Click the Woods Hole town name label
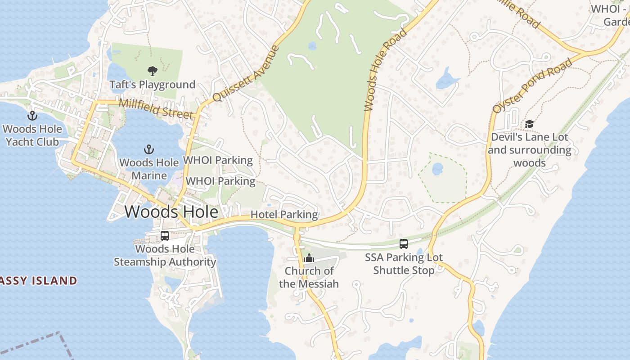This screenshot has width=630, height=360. (171, 211)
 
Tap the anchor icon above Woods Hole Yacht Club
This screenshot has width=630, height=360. (32, 116)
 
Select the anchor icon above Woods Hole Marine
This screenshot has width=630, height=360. (149, 149)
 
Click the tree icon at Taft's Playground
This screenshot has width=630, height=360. (153, 71)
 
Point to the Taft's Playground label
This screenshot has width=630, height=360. (153, 85)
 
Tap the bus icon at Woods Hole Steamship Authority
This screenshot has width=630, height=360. (165, 235)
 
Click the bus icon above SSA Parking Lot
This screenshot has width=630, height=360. (404, 244)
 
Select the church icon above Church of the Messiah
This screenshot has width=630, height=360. (309, 258)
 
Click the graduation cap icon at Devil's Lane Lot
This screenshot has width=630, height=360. (530, 124)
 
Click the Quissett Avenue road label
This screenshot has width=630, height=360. (246, 74)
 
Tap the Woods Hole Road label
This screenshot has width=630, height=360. (386, 70)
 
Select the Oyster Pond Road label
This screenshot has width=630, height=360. (533, 85)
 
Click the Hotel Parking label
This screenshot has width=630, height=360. (284, 215)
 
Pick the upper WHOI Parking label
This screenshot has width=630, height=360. (218, 160)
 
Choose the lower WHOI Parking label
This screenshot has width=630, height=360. (220, 181)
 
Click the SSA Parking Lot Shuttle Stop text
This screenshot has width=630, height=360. (404, 264)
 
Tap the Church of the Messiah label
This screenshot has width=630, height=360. (309, 277)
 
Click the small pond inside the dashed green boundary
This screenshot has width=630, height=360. (437, 169)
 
